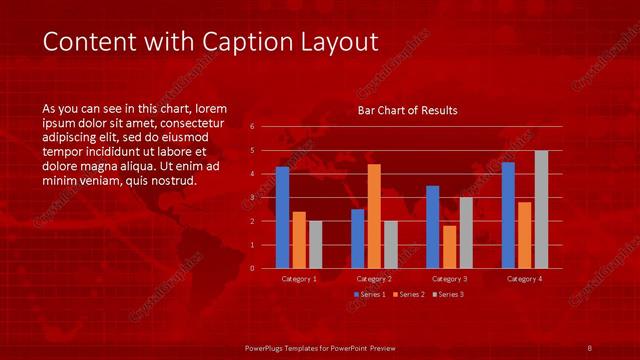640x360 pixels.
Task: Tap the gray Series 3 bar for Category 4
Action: tap(541, 209)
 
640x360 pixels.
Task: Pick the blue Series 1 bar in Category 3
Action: tap(432, 227)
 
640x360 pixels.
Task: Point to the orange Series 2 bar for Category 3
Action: tap(449, 247)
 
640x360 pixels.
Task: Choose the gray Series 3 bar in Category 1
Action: tap(316, 244)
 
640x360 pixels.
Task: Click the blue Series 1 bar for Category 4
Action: tap(508, 215)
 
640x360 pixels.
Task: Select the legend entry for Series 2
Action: tap(410, 294)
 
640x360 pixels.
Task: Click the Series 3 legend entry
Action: tap(449, 294)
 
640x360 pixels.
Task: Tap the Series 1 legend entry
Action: tap(371, 294)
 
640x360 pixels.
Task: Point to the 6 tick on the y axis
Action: tap(252, 127)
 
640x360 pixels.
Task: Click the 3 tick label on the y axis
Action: tap(252, 198)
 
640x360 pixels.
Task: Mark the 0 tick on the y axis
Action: tap(252, 268)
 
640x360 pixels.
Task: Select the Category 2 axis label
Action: tap(374, 278)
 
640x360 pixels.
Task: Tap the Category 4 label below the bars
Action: tap(524, 278)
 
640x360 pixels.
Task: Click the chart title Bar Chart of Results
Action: tap(407, 110)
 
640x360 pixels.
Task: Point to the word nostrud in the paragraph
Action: tap(173, 181)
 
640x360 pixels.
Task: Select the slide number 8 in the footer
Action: tap(590, 347)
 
